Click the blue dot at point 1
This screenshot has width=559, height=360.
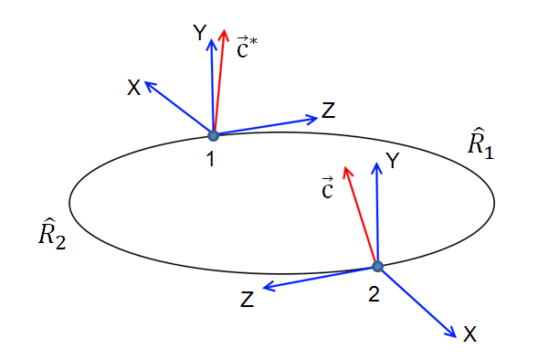tap(213, 136)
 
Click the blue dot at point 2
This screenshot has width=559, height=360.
tap(377, 267)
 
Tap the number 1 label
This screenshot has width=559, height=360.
tap(211, 160)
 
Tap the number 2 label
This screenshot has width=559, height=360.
tap(373, 294)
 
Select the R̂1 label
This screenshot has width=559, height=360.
tap(481, 145)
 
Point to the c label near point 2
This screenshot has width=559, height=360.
tap(326, 189)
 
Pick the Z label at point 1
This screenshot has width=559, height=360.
tap(328, 112)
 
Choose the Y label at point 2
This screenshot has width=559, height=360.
tap(393, 162)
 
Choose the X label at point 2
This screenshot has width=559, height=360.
tap(469, 335)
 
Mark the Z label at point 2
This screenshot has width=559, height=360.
tap(247, 299)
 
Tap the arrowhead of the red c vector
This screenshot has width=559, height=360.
tap(345, 171)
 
